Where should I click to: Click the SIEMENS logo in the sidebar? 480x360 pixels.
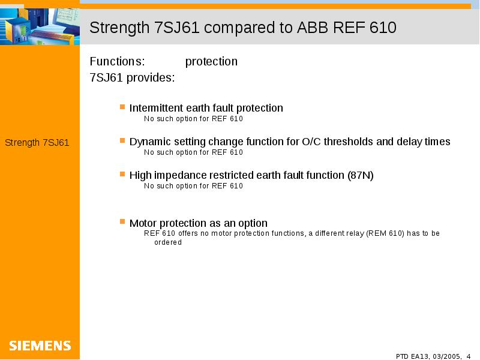[40, 346]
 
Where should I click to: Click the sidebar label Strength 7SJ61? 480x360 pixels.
[37, 143]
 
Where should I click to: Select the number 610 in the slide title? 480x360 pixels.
[383, 27]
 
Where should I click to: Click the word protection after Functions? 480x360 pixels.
[211, 62]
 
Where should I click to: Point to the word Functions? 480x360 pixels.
[117, 61]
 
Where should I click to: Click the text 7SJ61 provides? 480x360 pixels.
[132, 77]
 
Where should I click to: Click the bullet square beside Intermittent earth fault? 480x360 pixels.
[122, 107]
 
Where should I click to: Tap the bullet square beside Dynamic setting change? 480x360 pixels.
[122, 140]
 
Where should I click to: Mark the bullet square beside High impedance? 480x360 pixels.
[122, 174]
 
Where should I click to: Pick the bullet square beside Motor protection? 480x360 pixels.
[122, 221]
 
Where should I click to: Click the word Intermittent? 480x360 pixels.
[156, 108]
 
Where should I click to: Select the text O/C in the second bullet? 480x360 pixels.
[311, 142]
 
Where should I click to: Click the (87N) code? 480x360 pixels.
[361, 175]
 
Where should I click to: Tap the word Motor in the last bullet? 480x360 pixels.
[143, 223]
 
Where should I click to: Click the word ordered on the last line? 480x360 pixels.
[168, 242]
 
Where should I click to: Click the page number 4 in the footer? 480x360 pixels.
[469, 356]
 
